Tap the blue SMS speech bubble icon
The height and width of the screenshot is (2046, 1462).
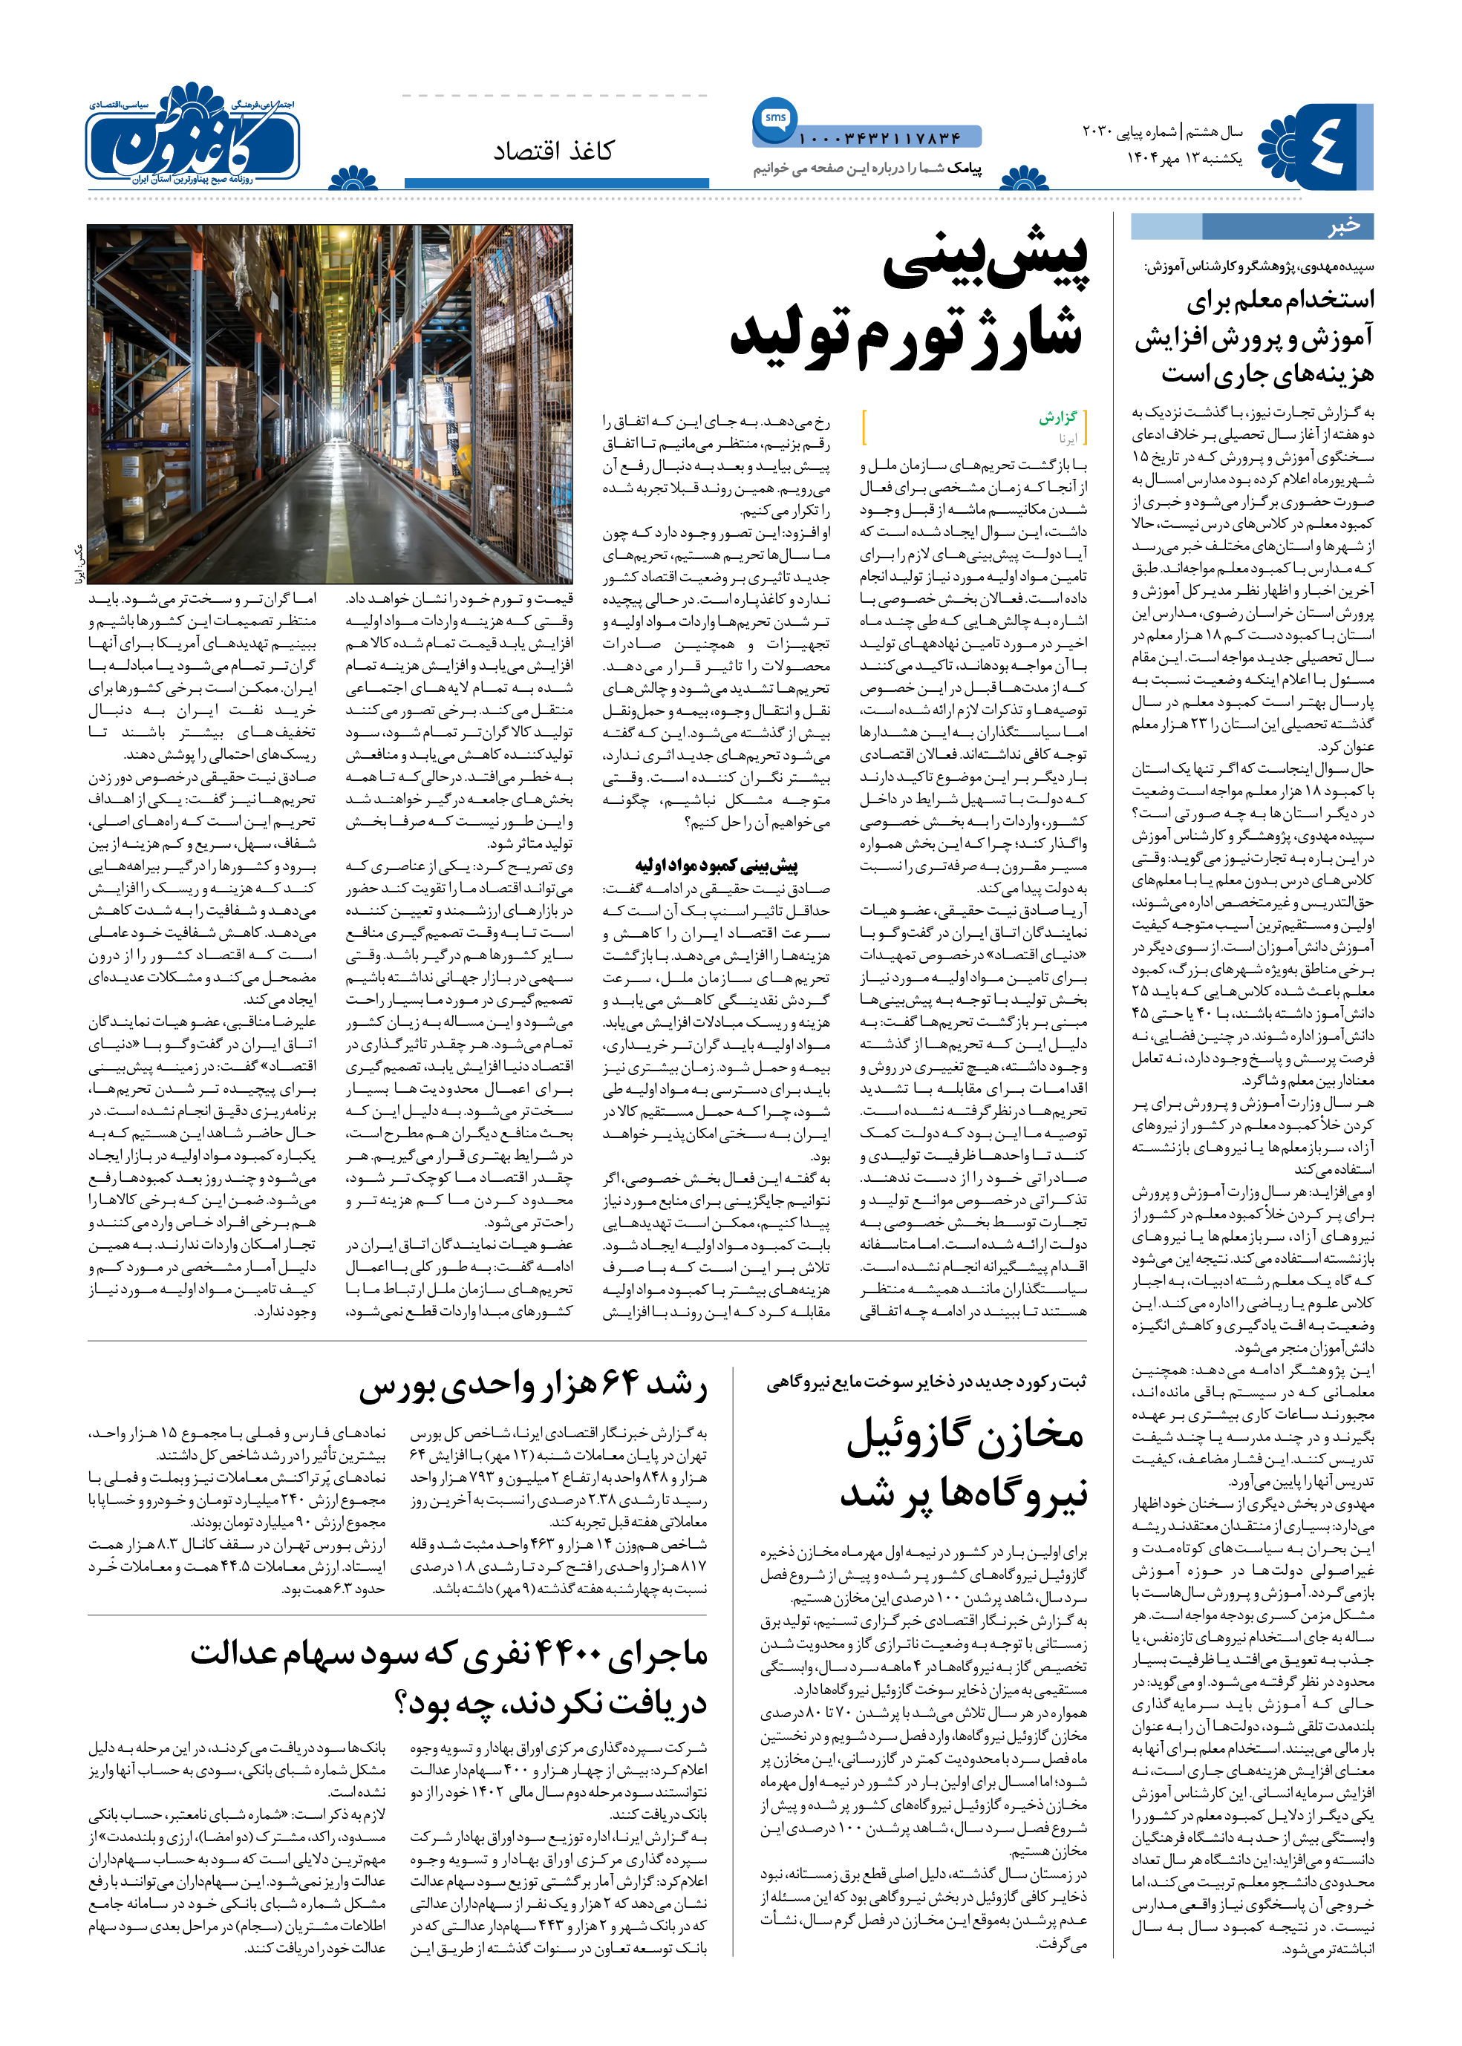774,119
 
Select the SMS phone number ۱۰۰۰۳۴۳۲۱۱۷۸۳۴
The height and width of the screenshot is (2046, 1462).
880,139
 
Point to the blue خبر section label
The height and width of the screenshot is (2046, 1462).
1343,226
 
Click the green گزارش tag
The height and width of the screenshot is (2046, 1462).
1058,418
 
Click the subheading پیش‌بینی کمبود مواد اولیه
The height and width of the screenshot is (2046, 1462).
716,866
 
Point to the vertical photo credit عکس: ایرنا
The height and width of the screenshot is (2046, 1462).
80,565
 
